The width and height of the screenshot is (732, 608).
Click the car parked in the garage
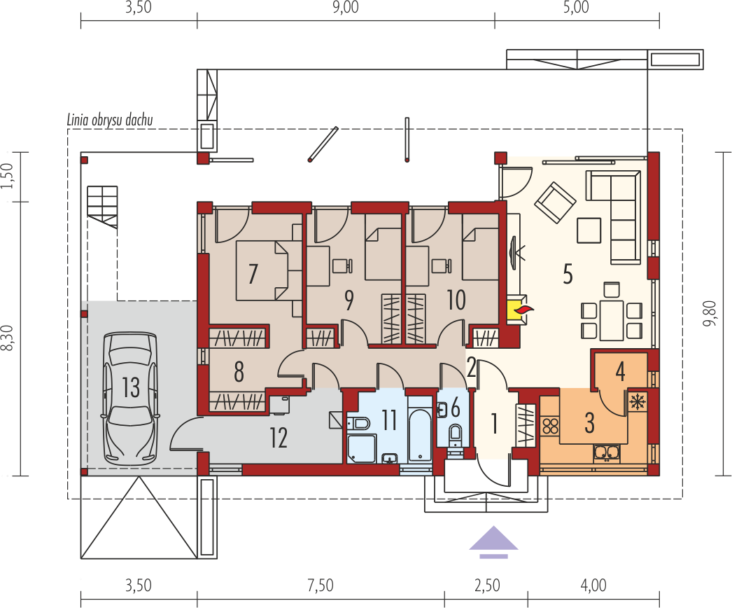131,398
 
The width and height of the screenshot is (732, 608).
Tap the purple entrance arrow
493,542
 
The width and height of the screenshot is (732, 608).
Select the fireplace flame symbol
523,310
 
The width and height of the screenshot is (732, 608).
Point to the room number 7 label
253,273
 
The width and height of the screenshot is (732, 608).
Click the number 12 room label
279,438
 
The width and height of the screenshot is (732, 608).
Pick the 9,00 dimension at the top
346,8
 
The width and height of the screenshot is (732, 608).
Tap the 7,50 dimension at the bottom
321,585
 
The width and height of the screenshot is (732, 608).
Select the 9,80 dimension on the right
710,314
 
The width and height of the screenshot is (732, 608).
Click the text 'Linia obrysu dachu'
110,120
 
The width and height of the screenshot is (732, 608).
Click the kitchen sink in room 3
607,452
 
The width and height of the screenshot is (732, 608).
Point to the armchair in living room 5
555,202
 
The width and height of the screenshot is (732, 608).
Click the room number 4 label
620,371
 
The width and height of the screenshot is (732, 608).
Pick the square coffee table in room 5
589,230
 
